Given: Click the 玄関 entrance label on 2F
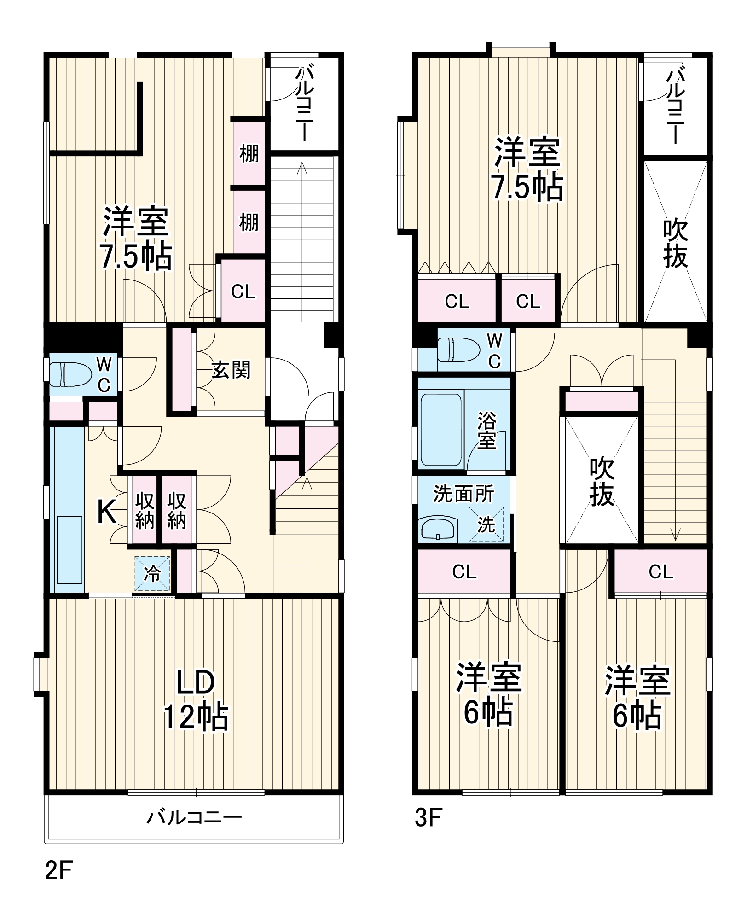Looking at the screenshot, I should [x=231, y=370].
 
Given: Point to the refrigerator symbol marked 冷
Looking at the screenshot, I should [x=152, y=574].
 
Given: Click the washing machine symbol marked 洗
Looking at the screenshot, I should [x=486, y=525].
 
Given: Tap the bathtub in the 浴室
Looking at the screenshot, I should [x=441, y=429].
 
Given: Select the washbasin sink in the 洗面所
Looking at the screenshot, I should [x=438, y=529].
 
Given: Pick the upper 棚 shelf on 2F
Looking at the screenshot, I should [x=249, y=153].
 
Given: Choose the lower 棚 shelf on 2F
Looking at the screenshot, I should [x=249, y=222].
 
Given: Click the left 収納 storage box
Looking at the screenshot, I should [x=145, y=510].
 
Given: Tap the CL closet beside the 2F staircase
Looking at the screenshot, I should [x=243, y=291].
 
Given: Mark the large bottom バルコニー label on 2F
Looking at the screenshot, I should [x=194, y=818].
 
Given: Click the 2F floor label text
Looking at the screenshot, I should [x=59, y=870].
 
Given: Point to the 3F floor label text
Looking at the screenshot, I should [x=428, y=818].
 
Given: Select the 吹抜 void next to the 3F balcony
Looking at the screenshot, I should [x=675, y=243].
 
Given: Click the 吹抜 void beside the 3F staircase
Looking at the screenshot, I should [x=602, y=481].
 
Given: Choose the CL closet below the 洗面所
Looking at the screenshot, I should [x=464, y=571].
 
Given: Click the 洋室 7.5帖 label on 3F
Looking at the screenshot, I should [x=527, y=169].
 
